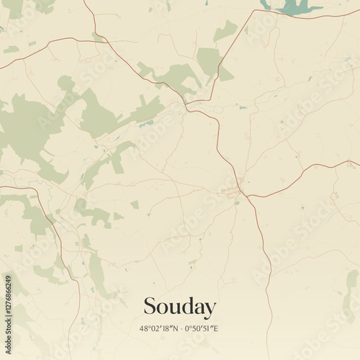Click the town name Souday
(x=179, y=307)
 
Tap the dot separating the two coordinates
(x=181, y=329)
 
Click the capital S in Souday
(x=149, y=306)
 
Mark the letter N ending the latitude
(x=176, y=329)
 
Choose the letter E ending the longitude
(x=217, y=329)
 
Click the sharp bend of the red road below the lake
(x=253, y=13)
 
